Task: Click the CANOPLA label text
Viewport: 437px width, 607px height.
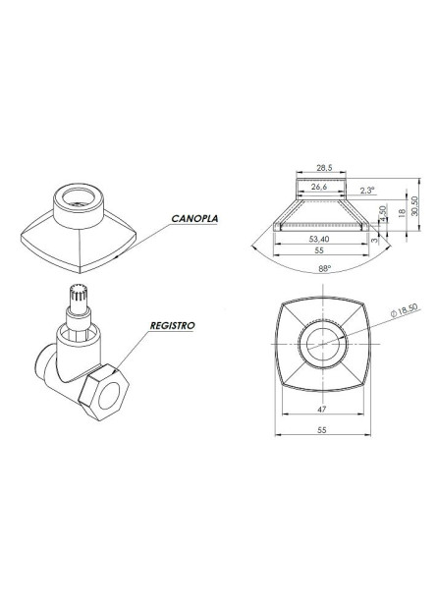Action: (194, 219)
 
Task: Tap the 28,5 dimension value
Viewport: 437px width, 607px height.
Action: (318, 169)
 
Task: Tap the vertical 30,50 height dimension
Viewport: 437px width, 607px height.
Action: (416, 203)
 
